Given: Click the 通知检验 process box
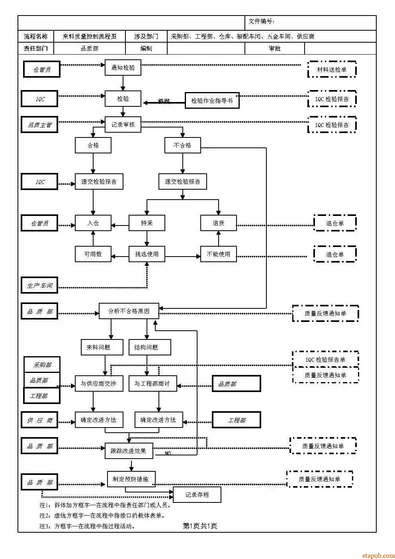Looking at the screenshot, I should (123, 68).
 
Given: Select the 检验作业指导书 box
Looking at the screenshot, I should (212, 101).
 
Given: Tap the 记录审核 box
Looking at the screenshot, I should (123, 125).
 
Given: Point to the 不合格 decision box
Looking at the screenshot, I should (182, 145).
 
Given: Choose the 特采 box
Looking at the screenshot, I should (147, 223).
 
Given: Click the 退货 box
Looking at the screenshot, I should (218, 223).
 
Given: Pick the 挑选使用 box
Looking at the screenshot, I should (147, 254).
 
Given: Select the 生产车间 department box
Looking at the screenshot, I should (39, 285).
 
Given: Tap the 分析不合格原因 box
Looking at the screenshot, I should (129, 311).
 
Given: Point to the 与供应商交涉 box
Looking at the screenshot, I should (98, 384).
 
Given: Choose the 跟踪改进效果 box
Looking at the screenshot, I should (128, 451).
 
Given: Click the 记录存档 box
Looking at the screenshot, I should (197, 495).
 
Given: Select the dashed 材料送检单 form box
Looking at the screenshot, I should (332, 70).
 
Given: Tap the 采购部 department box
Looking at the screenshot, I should (42, 365).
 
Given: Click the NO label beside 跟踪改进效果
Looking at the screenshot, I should (168, 453).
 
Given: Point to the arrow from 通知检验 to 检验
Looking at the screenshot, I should (123, 83).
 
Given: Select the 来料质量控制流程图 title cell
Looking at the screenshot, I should (89, 37).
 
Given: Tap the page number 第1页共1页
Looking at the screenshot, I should (200, 526).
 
